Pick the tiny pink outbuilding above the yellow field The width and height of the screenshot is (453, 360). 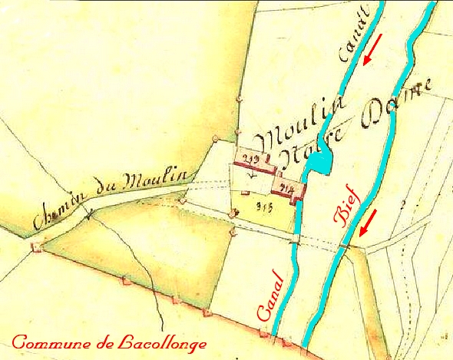coord(245,193)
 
